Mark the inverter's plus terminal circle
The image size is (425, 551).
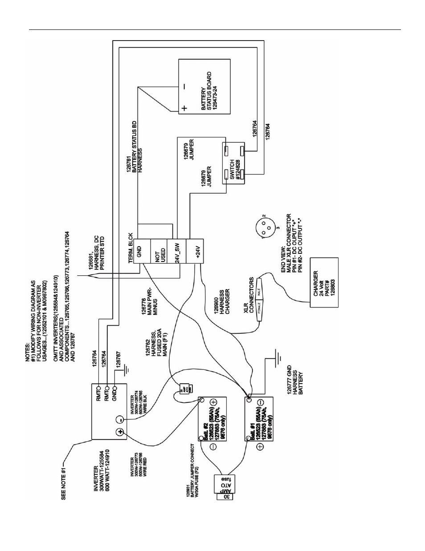[119, 432]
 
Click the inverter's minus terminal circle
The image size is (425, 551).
[119, 419]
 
